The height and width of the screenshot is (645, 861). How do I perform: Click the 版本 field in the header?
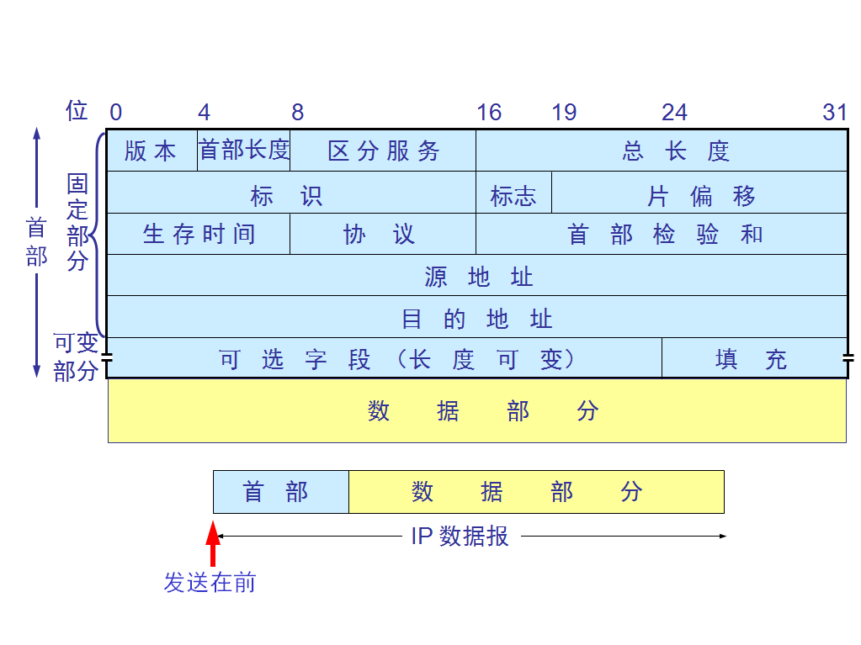[x=151, y=151]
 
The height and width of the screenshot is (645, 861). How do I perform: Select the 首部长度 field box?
[x=244, y=151]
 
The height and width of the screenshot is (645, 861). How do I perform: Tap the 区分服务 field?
[x=383, y=151]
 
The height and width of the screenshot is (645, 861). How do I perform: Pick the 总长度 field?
[x=662, y=151]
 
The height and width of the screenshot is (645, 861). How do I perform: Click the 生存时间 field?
[x=199, y=234]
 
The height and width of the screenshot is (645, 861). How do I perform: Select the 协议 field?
[x=383, y=234]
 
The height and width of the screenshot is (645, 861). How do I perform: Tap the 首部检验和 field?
[x=662, y=234]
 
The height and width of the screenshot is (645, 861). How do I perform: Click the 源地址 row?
[x=477, y=275]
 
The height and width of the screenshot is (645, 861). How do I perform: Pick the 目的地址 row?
[x=477, y=317]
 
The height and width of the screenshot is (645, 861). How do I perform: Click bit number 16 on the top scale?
[x=488, y=113]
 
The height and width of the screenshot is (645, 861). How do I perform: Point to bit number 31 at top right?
[x=834, y=113]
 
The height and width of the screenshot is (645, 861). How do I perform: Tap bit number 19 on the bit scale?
[x=564, y=113]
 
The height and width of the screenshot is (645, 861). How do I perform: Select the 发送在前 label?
[x=210, y=582]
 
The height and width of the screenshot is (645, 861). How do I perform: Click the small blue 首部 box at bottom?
[x=280, y=492]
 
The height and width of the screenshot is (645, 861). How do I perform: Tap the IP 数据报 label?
[x=460, y=537]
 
